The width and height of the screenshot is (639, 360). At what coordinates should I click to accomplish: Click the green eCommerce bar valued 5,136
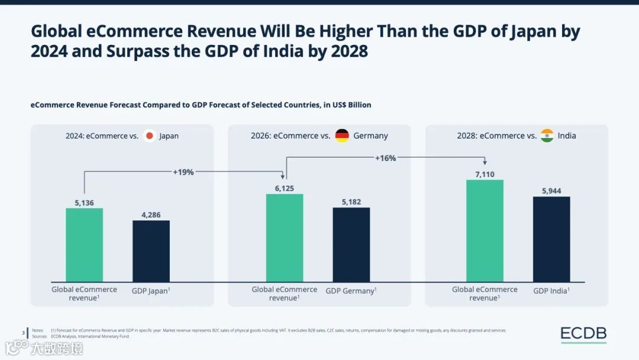[84, 245]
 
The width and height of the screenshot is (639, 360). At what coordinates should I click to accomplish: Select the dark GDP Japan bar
[151, 251]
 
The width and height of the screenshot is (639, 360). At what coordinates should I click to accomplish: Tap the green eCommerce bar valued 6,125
[285, 237]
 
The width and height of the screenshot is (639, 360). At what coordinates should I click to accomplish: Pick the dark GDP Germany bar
[351, 245]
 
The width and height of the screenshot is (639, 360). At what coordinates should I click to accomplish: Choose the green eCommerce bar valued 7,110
[485, 230]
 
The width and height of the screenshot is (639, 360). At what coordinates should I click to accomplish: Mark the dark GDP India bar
[551, 239]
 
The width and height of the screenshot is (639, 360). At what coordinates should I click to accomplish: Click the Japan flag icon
[150, 136]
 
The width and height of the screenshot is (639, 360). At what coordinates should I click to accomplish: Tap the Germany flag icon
[342, 136]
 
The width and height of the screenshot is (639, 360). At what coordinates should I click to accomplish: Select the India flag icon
[547, 136]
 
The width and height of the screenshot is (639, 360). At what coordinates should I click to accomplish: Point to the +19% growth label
[183, 172]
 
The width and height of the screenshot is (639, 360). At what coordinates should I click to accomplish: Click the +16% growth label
[385, 158]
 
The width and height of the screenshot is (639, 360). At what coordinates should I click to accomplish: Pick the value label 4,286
[151, 214]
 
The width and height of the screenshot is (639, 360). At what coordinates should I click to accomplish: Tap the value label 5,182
[351, 202]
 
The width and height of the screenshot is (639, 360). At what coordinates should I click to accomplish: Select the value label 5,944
[551, 191]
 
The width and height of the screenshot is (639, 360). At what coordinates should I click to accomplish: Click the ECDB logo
[583, 335]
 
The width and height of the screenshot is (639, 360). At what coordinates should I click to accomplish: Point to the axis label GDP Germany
[351, 291]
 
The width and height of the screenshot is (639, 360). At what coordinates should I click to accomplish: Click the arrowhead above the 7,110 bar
[485, 163]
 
